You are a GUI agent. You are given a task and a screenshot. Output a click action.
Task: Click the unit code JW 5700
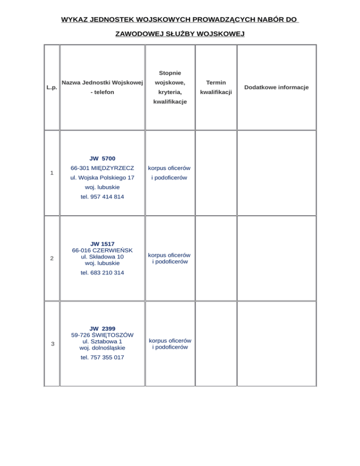102,158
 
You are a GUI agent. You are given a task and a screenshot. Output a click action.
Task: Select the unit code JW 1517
102,244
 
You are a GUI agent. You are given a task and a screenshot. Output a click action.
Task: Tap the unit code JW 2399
102,328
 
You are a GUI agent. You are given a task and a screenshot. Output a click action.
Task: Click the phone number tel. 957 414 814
102,197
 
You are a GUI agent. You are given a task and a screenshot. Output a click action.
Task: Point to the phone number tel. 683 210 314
102,272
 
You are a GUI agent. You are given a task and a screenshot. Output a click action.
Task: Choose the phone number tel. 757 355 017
102,357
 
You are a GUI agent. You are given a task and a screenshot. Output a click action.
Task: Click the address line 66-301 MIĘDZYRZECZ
102,168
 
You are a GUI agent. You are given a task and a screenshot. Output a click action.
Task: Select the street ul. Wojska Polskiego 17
102,178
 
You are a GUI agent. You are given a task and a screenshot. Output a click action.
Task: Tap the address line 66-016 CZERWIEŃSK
102,250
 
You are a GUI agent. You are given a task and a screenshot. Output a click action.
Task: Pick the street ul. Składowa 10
102,256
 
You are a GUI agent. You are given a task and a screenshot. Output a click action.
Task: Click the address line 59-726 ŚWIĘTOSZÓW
102,335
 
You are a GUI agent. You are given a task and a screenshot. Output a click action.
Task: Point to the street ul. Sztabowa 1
102,341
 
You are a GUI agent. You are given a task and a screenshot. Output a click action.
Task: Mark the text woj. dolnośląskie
102,348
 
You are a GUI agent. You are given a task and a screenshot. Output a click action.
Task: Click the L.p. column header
52,87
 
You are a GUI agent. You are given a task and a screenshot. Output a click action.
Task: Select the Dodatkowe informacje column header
276,87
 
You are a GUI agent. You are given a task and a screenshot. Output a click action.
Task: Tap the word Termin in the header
216,83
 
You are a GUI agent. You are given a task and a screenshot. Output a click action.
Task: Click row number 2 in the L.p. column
52,258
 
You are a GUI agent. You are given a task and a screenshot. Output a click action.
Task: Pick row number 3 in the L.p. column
52,344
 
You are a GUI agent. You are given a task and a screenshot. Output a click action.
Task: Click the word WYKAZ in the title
75,20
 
